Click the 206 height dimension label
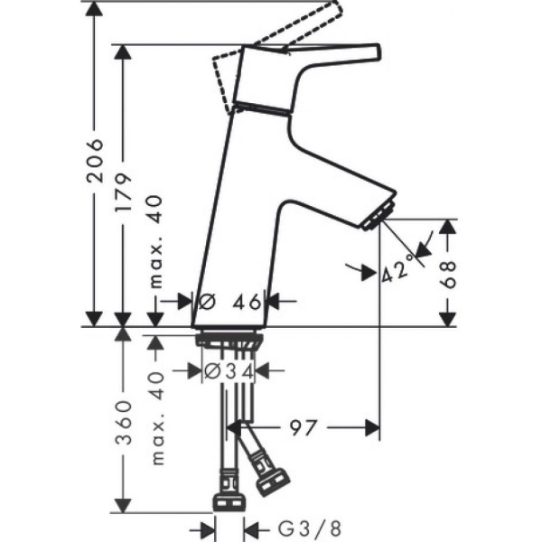(x=95, y=163)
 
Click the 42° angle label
(x=397, y=268)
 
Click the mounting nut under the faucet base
(x=229, y=339)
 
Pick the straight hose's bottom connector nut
(x=227, y=503)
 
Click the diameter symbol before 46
(x=204, y=301)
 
